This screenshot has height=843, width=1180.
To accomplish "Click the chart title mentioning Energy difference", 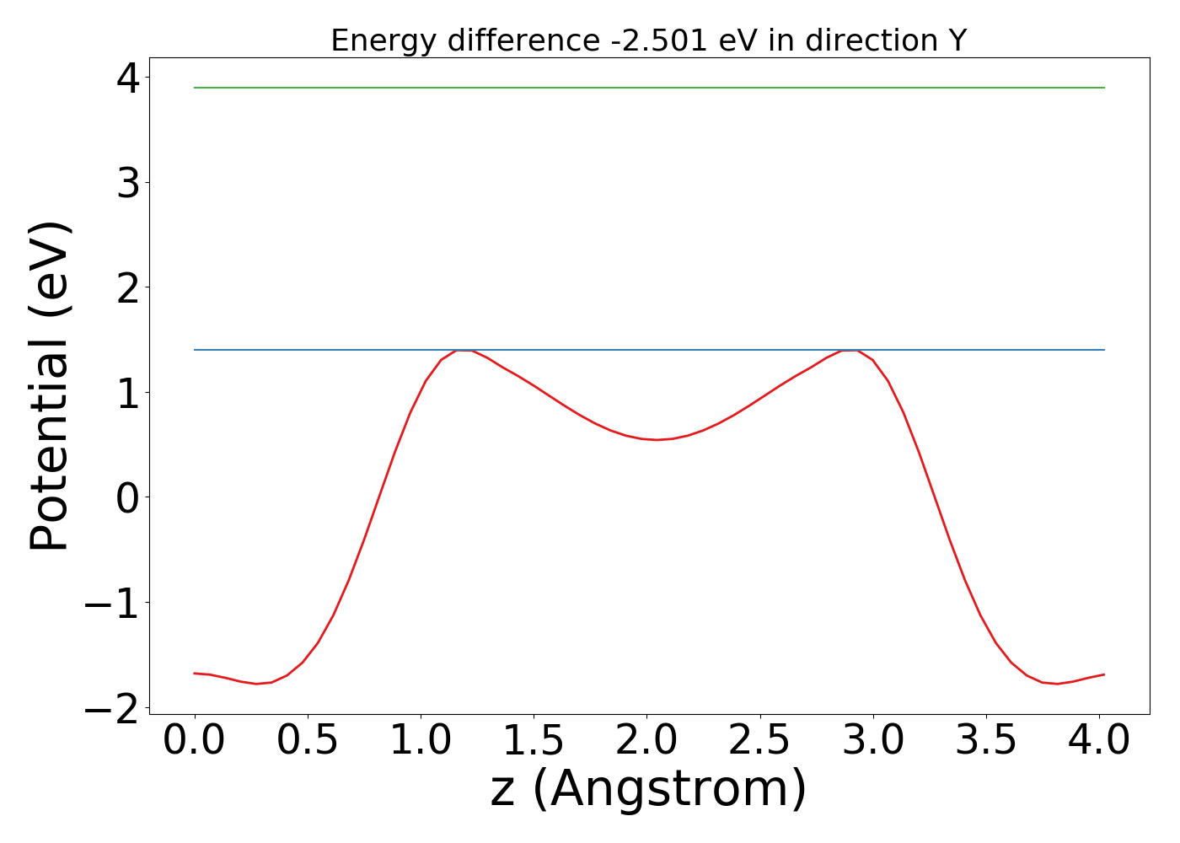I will point(648,40).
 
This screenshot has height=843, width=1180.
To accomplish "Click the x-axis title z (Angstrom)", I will point(648,789).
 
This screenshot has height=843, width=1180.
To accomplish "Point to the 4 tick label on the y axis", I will point(129,78).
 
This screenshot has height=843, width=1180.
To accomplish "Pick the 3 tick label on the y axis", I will point(129,183).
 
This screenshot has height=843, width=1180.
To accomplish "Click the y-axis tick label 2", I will point(129,288).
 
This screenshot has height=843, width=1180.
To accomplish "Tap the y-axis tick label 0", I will point(129,498).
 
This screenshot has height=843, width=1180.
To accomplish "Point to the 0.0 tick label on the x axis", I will point(195,741).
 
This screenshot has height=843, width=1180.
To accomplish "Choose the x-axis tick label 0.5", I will point(308,741).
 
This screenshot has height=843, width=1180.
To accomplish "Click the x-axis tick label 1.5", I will point(534,741).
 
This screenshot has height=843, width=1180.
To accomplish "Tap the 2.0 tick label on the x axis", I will point(646,741).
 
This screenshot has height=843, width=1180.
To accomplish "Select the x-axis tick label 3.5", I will point(986,741).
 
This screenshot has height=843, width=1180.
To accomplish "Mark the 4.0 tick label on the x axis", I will point(1098,741).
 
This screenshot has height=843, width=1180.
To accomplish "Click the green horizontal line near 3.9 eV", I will point(649,88).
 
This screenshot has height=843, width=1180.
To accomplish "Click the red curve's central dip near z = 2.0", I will point(657,439).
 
